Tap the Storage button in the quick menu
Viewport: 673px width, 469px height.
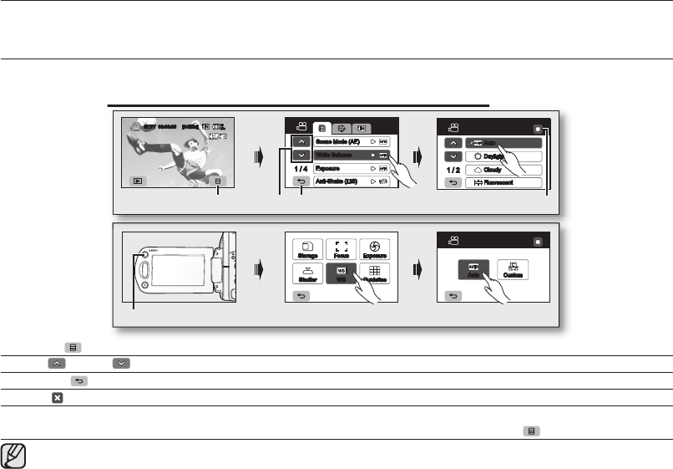pyautogui.click(x=306, y=248)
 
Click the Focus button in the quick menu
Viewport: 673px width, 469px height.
pyautogui.click(x=341, y=248)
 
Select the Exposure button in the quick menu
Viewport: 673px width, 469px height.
pyautogui.click(x=374, y=248)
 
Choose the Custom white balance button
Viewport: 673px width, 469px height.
pyautogui.click(x=513, y=272)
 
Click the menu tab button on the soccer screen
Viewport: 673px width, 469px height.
pyautogui.click(x=218, y=180)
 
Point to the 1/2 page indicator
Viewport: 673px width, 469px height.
pyautogui.click(x=451, y=168)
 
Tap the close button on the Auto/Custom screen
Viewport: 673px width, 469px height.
pyautogui.click(x=539, y=241)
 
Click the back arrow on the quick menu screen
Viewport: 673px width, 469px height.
pyautogui.click(x=301, y=294)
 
